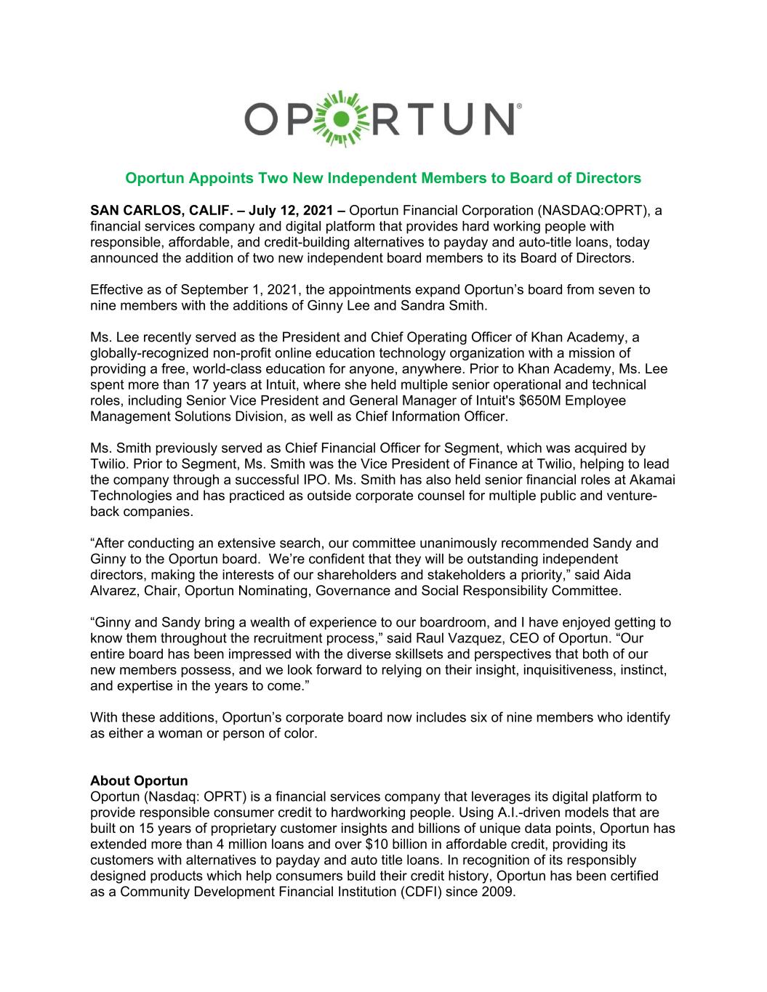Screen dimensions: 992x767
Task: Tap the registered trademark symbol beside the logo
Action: pos(517,105)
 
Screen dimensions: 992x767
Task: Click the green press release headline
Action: pos(383,178)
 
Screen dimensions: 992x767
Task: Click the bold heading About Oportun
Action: pos(139,781)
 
